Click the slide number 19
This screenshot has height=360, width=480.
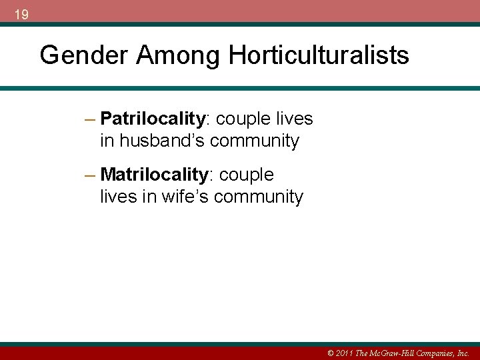(x=21, y=14)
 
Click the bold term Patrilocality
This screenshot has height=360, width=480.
(x=153, y=119)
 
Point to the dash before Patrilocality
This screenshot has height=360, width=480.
(x=91, y=119)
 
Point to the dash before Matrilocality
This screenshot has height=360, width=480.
(x=91, y=175)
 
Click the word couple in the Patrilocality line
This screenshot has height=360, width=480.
(x=244, y=119)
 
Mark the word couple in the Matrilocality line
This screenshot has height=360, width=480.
(x=247, y=175)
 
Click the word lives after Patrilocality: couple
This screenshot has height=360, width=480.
(x=294, y=119)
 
